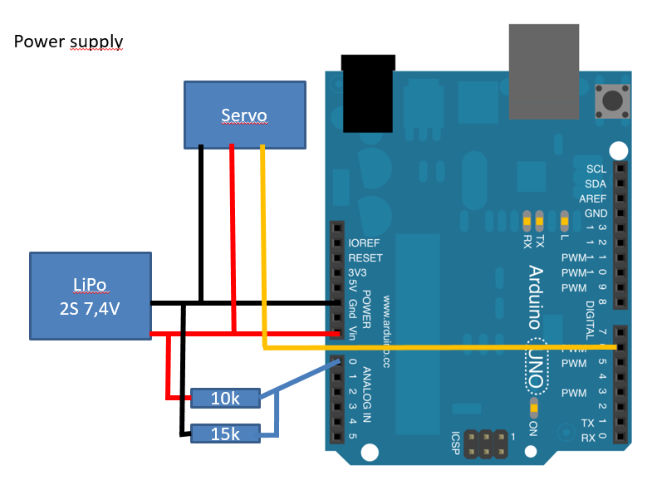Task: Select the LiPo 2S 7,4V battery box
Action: [x=90, y=296]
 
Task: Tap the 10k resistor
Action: [x=224, y=399]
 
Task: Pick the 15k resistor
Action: [x=224, y=433]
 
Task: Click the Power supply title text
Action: [x=68, y=41]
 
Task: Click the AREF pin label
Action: [x=593, y=198]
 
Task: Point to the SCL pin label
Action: [x=596, y=169]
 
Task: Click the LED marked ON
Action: [x=533, y=408]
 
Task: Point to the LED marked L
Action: [x=565, y=220]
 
